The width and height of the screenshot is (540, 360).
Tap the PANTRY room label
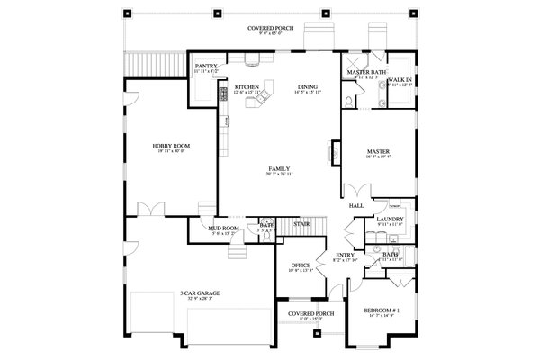[206, 66]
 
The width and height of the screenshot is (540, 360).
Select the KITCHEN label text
[247, 87]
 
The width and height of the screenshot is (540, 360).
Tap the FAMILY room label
[278, 168]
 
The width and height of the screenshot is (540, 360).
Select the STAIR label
[302, 223]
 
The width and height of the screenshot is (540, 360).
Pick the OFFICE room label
[300, 265]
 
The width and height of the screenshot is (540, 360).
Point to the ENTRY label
[345, 255]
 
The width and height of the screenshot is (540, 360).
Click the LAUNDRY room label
[389, 219]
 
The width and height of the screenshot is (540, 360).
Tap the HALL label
[355, 206]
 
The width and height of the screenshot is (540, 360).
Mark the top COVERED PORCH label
[269, 30]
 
